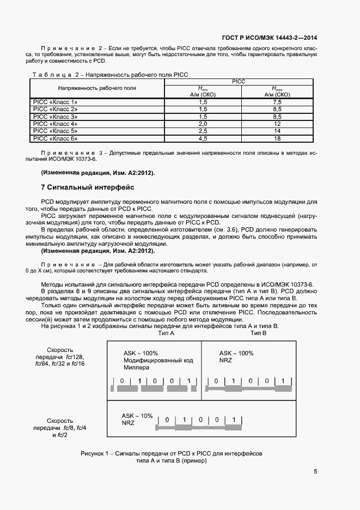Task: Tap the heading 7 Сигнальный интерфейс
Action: (x=84, y=187)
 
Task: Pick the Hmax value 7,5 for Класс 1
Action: (x=277, y=102)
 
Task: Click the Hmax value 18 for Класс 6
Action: (x=277, y=139)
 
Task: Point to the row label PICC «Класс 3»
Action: (x=56, y=117)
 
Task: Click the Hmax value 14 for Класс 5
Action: (x=277, y=131)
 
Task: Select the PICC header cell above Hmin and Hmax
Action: (x=239, y=81)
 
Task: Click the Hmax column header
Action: (x=277, y=91)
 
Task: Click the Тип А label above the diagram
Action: (x=166, y=333)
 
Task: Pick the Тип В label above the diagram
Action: (x=258, y=333)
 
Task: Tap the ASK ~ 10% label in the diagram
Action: (x=137, y=416)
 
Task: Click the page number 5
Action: (x=315, y=472)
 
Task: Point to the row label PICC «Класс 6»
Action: (x=56, y=139)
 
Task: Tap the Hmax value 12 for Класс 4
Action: (x=277, y=124)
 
